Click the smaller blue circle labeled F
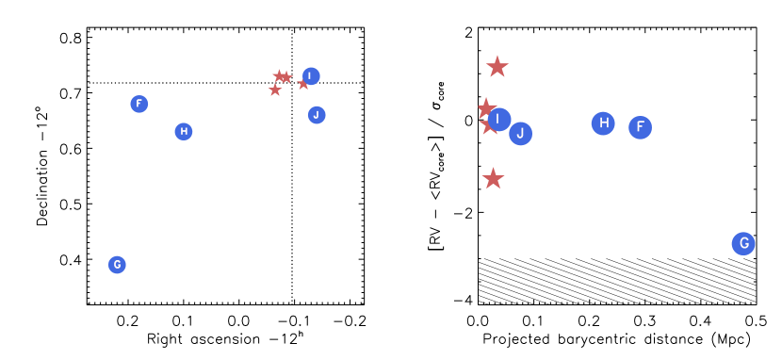click(138, 104)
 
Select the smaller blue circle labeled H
click(184, 131)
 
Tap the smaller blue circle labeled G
click(117, 265)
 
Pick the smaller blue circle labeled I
click(311, 75)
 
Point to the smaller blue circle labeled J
click(317, 115)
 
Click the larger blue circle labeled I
click(499, 119)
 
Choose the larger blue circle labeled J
click(520, 134)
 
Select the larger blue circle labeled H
click(603, 123)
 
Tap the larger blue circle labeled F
click(640, 127)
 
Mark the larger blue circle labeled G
click(743, 244)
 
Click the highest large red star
click(497, 67)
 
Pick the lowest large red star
click(493, 179)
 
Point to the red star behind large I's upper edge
click(485, 107)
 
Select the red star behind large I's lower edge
click(488, 125)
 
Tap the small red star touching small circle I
click(302, 84)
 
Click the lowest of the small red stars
click(275, 90)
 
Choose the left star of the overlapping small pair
click(279, 75)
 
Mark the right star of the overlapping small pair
click(286, 77)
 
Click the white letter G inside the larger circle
click(743, 244)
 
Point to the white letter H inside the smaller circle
click(184, 131)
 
